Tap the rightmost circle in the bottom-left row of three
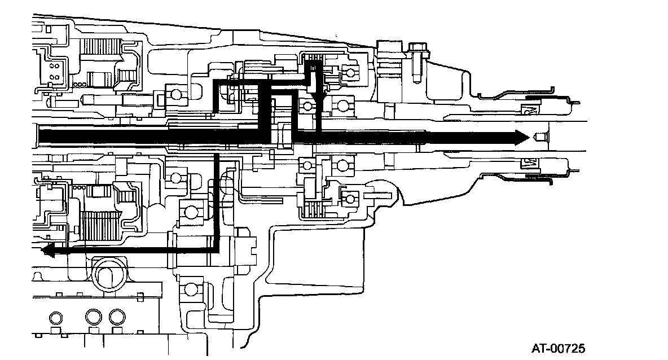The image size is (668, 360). pos(117,316)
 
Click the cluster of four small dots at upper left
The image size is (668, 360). pos(55,70)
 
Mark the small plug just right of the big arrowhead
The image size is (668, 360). pos(540,137)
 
